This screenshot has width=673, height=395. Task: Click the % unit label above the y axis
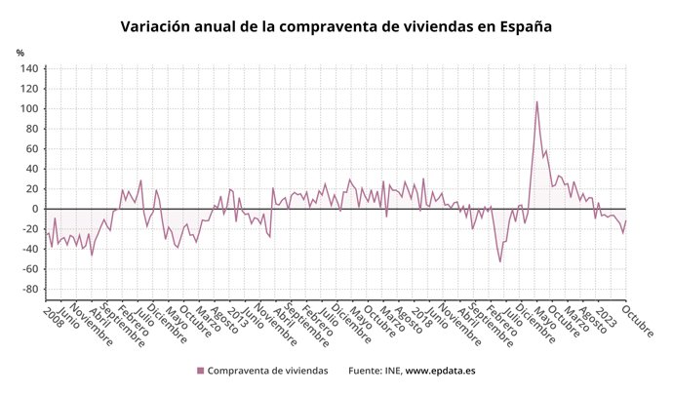[20, 53]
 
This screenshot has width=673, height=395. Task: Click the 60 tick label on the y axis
[30, 148]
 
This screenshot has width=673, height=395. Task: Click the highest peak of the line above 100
[536, 101]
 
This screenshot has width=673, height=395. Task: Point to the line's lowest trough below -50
[500, 261]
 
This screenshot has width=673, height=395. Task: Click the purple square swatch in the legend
[201, 371]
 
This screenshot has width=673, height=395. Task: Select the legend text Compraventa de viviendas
[268, 371]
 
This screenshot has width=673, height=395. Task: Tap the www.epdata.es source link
[440, 371]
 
